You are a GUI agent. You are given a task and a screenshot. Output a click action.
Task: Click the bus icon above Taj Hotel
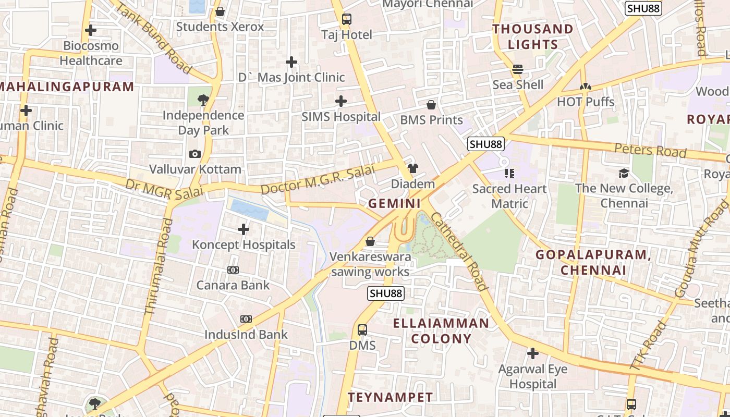[347, 20]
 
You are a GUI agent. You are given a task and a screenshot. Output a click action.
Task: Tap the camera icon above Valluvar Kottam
[195, 154]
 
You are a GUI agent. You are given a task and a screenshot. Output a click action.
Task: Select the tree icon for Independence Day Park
[203, 100]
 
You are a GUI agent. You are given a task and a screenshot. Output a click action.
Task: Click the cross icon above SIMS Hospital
[341, 101]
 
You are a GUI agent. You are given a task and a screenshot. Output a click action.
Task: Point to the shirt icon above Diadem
[413, 168]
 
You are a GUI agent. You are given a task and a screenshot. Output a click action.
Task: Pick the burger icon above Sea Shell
[518, 69]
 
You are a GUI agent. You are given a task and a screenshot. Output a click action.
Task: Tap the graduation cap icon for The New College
[624, 173]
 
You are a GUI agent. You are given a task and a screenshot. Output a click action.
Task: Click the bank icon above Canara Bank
[233, 270]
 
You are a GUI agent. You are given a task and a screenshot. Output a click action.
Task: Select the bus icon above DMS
[362, 330]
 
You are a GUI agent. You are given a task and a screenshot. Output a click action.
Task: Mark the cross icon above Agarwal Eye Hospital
[532, 354]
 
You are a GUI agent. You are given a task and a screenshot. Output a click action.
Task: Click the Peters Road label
[650, 150]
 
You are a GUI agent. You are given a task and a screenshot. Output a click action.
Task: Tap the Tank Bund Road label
[152, 38]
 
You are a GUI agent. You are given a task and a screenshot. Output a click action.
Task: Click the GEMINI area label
[394, 203]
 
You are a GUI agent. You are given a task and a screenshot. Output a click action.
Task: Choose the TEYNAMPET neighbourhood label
[391, 398]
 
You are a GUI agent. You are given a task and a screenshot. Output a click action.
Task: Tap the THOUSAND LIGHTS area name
[533, 36]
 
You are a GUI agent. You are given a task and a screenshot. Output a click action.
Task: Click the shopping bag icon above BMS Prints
[431, 105]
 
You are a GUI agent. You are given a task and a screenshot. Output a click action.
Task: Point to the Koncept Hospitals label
[244, 244]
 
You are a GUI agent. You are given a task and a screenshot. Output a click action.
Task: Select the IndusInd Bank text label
[246, 335]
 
